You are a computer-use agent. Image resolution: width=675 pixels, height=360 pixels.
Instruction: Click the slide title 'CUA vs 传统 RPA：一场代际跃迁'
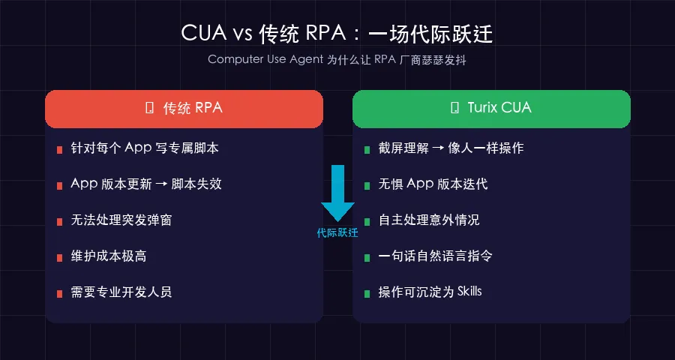337,34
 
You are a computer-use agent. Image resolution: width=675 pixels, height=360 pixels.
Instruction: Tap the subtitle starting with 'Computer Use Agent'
337,60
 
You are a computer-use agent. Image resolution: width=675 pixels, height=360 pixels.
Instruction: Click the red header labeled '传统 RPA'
184,108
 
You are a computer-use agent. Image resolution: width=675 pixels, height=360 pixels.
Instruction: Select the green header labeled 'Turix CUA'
491,108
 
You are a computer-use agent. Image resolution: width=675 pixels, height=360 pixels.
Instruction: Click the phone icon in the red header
148,108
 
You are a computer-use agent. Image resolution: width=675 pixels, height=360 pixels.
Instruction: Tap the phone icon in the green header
454,108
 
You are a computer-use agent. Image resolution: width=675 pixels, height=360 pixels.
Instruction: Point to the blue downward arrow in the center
337,192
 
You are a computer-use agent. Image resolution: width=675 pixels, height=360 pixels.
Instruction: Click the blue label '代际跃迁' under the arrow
337,233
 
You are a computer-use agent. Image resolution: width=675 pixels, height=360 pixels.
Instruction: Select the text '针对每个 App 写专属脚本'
145,148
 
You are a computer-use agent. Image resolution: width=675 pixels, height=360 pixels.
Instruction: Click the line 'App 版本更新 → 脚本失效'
146,184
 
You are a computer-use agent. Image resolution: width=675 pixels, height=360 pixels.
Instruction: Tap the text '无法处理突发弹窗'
127,220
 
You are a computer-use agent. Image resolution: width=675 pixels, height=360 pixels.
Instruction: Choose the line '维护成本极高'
109,256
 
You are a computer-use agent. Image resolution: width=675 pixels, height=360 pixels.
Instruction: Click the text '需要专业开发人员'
121,292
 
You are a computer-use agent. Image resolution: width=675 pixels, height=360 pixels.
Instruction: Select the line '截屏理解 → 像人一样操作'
451,148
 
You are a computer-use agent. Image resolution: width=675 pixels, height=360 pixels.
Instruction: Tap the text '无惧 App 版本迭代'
433,184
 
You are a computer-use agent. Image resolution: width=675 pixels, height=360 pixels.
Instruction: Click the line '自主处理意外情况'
429,220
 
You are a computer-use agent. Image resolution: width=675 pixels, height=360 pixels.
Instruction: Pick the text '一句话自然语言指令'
435,256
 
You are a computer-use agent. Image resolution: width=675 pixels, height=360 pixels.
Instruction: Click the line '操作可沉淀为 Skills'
430,292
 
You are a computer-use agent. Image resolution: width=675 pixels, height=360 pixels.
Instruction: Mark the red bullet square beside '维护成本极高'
59,257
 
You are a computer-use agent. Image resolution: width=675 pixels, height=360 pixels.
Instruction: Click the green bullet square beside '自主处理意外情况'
367,221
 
